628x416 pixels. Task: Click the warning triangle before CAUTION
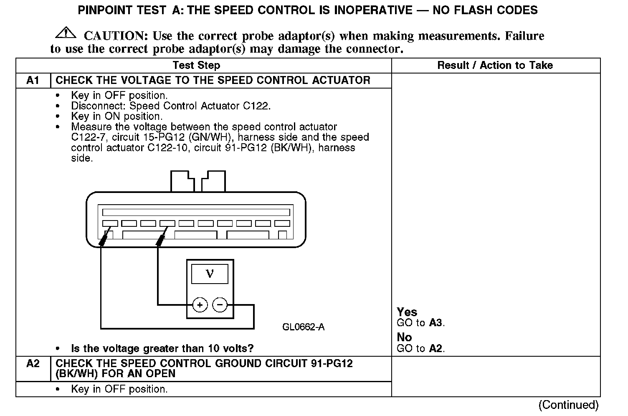pos(65,33)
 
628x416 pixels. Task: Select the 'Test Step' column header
pos(196,66)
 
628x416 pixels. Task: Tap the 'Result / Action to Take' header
pos(495,66)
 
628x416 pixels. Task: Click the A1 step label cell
pos(33,80)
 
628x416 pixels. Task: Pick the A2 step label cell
pos(33,364)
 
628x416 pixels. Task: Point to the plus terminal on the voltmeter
pos(200,305)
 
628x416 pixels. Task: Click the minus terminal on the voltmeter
pos(220,305)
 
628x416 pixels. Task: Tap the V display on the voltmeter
pos(210,274)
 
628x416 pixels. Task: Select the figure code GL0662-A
pos(303,327)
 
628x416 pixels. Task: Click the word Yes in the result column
pos(407,312)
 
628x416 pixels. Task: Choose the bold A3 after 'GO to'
pos(436,323)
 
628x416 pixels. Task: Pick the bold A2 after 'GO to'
pos(436,348)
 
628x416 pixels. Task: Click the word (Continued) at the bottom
pos(568,405)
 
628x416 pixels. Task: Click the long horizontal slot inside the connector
pos(196,212)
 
